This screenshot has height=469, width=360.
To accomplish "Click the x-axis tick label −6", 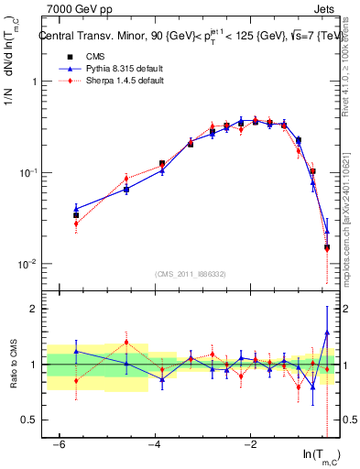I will tap(59, 444).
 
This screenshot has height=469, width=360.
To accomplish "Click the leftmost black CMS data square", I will tap(76, 215).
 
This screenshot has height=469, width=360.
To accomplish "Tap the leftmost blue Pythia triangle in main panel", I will tap(76, 208).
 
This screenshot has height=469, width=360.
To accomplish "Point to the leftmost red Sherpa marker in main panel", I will tap(76, 224).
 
